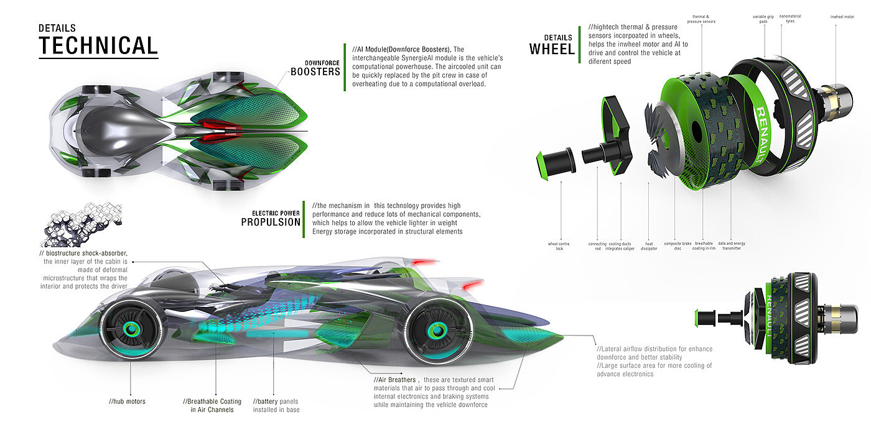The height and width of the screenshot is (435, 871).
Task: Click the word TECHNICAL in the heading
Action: pos(98,46)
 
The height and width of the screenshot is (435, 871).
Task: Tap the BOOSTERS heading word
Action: pos(315,71)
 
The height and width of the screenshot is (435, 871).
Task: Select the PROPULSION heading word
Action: pos(271,222)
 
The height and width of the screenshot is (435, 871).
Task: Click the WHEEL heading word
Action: pos(552,49)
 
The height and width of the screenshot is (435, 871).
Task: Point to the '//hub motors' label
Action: pos(127,401)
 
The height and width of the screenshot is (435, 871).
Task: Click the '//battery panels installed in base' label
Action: pos(276,405)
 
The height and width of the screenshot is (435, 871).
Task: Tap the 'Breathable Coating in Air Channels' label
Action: pos(208,405)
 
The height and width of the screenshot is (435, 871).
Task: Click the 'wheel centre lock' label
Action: pos(559,246)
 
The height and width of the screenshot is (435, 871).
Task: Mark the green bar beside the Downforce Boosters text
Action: pos(344,68)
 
